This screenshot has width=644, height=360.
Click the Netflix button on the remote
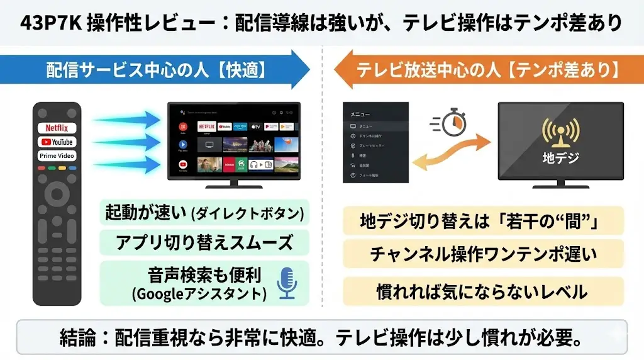tap(57, 128)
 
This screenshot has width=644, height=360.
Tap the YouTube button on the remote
tap(57, 142)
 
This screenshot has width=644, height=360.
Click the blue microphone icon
tap(287, 283)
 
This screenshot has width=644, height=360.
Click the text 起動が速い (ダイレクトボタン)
tap(204, 213)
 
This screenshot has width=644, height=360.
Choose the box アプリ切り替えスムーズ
tap(204, 242)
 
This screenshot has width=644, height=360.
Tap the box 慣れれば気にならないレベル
tap(483, 291)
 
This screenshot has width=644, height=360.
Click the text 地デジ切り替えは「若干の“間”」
tap(483, 221)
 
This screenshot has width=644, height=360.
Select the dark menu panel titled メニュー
tap(376, 142)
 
